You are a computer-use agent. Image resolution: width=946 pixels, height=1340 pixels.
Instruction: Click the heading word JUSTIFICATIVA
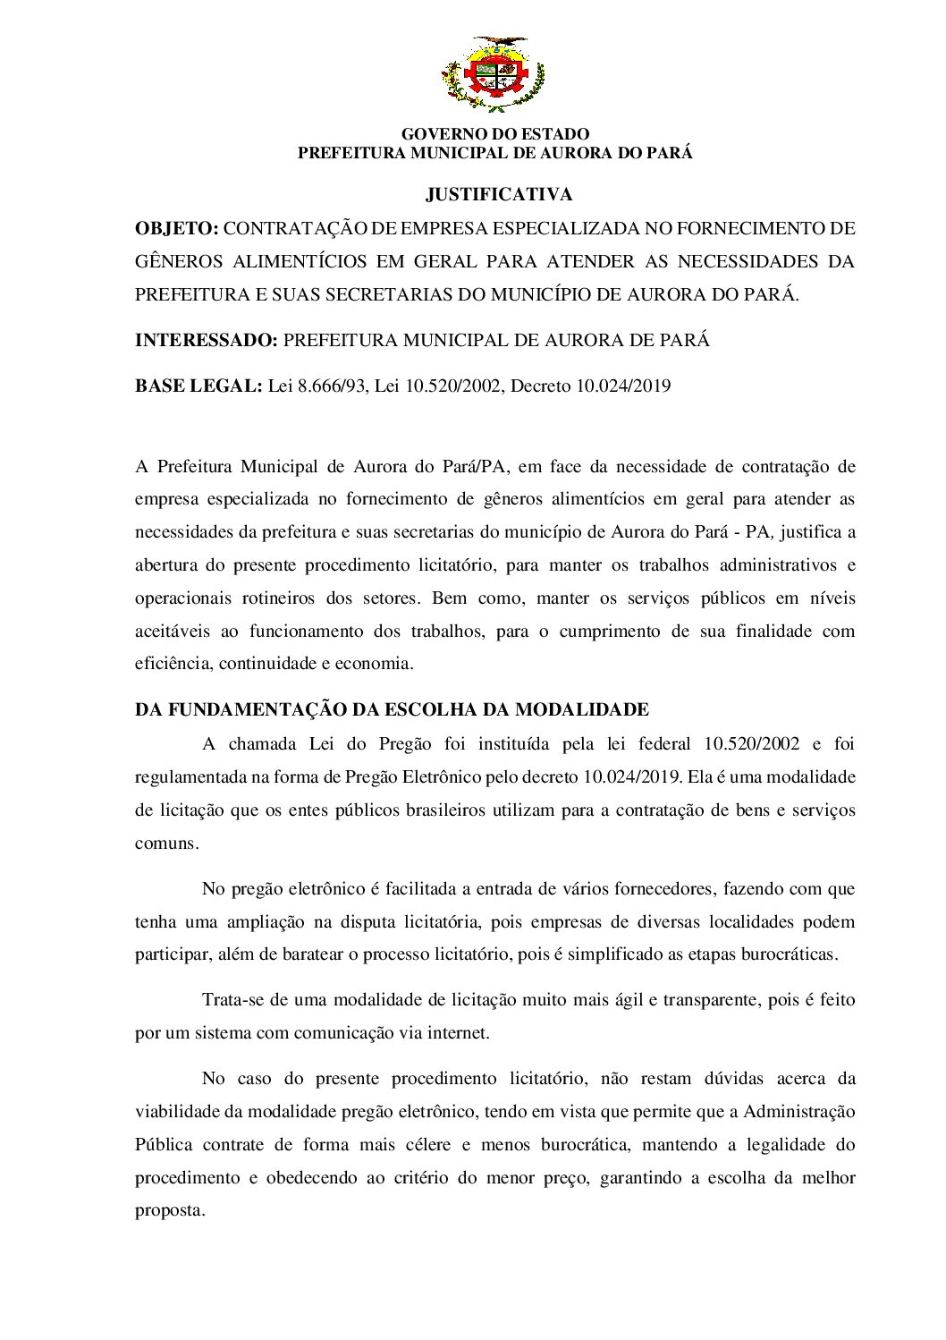click(x=499, y=194)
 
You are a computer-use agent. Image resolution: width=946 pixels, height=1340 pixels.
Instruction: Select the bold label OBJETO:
click(x=176, y=228)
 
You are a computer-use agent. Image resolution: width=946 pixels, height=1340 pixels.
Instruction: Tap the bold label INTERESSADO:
click(x=206, y=341)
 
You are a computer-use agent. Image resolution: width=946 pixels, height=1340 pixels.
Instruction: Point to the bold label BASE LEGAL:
click(x=198, y=386)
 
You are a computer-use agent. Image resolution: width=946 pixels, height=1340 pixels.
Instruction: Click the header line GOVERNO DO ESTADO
click(x=495, y=134)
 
